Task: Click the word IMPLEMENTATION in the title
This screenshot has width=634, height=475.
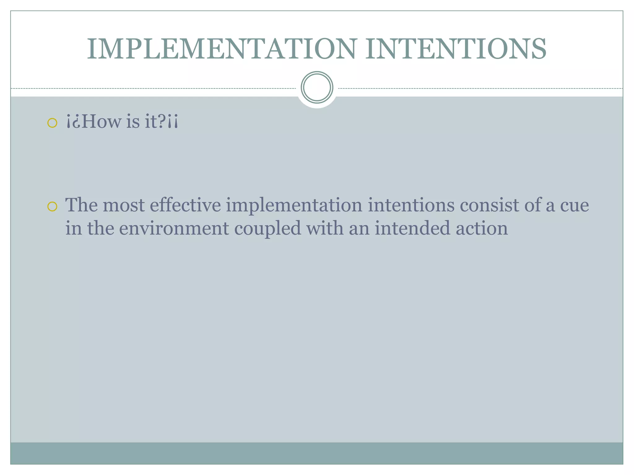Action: click(222, 49)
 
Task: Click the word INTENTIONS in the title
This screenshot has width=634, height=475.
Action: click(456, 49)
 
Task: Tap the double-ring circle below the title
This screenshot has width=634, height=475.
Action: click(317, 88)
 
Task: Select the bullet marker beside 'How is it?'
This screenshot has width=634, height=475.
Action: click(52, 123)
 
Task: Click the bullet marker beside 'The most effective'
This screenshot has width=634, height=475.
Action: click(52, 206)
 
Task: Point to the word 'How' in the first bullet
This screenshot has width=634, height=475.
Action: click(102, 121)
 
